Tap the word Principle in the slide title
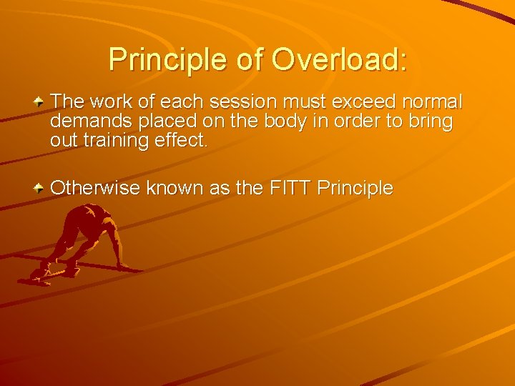[x=169, y=59]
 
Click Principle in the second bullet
[x=355, y=188]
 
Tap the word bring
[x=431, y=122]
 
